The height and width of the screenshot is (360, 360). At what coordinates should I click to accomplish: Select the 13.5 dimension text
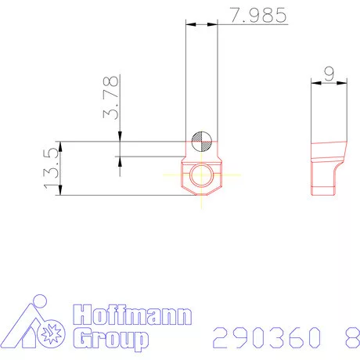click(52, 167)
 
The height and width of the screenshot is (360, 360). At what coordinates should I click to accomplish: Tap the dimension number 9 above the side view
click(329, 74)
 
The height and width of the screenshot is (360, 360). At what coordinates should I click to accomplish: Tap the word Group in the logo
click(110, 338)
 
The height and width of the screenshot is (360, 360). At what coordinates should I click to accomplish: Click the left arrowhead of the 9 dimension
click(314, 82)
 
